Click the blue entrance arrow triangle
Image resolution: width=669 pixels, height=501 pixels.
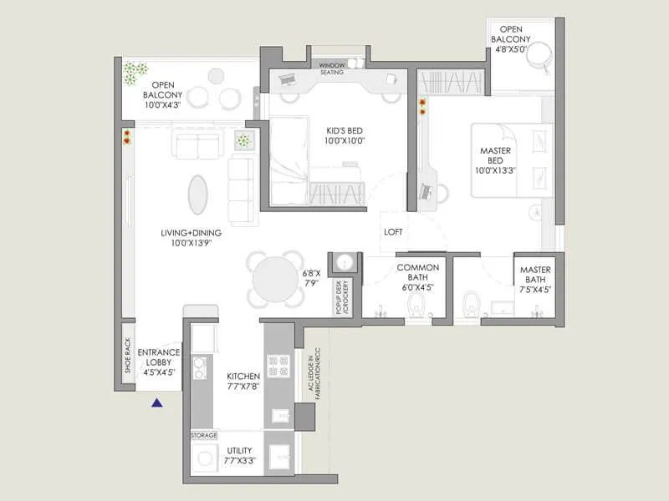pos(156,403)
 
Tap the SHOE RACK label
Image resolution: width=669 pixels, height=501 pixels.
pos(127,353)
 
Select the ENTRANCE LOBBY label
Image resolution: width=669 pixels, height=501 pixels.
pos(158,357)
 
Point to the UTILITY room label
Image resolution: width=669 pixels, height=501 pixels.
pos(238,457)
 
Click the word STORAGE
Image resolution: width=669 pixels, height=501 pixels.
pos(204,435)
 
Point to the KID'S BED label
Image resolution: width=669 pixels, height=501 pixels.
pos(343,135)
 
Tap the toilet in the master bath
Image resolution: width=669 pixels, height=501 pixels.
pos(472,304)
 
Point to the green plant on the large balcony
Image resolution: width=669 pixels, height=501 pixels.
pos(134,73)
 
